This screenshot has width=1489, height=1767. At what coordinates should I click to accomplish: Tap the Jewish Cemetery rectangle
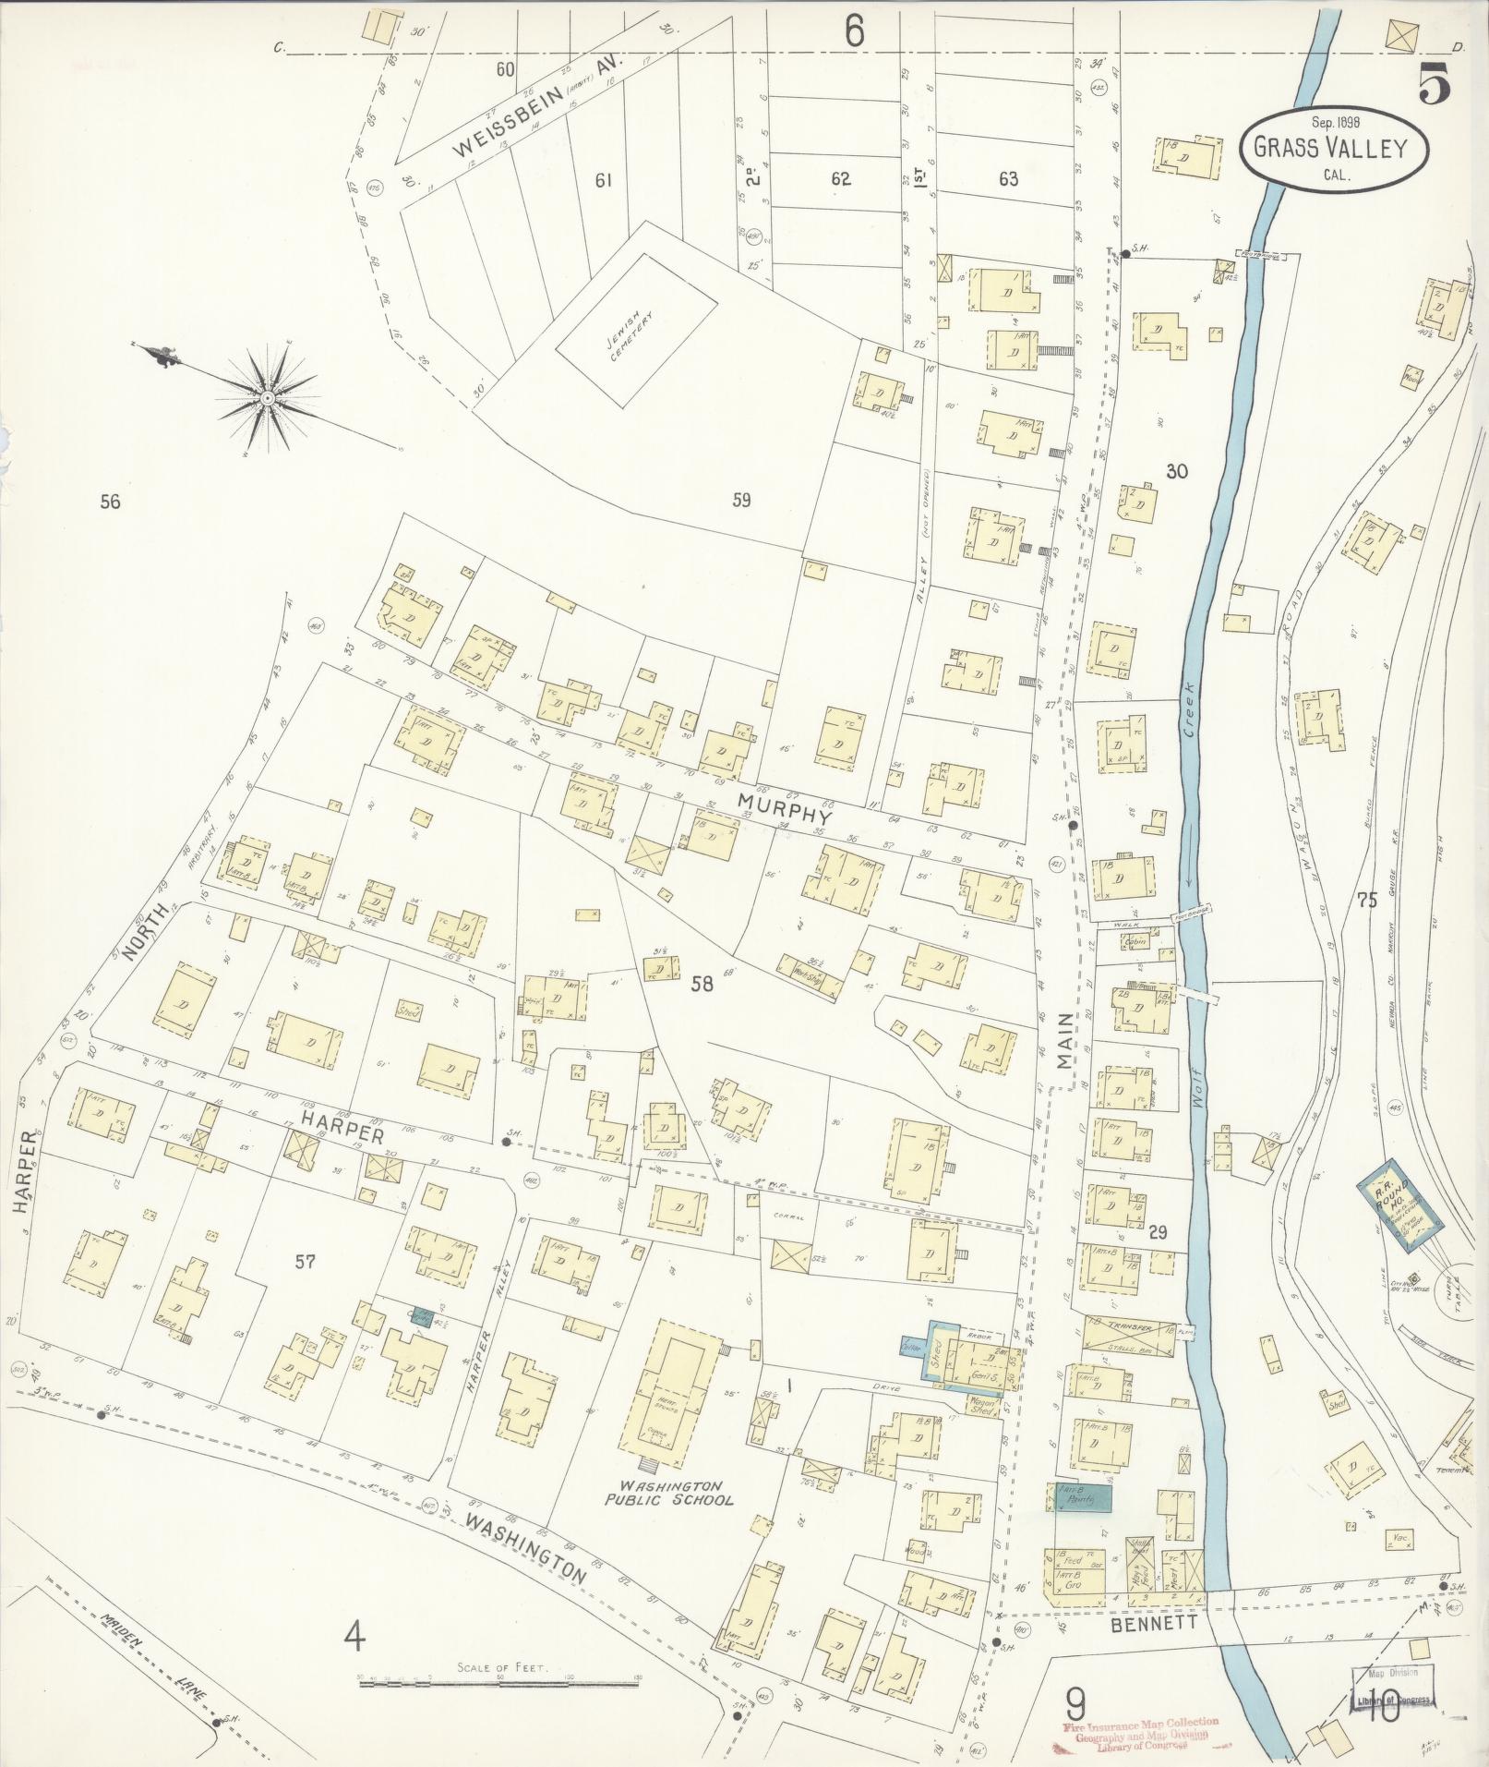click(636, 329)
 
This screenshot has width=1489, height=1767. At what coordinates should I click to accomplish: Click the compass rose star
click(268, 398)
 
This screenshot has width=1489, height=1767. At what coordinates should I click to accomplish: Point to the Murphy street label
click(784, 810)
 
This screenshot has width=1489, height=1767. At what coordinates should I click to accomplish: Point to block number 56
click(111, 502)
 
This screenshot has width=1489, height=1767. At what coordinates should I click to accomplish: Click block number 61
click(603, 179)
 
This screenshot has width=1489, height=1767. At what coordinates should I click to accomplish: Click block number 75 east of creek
click(1365, 901)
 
